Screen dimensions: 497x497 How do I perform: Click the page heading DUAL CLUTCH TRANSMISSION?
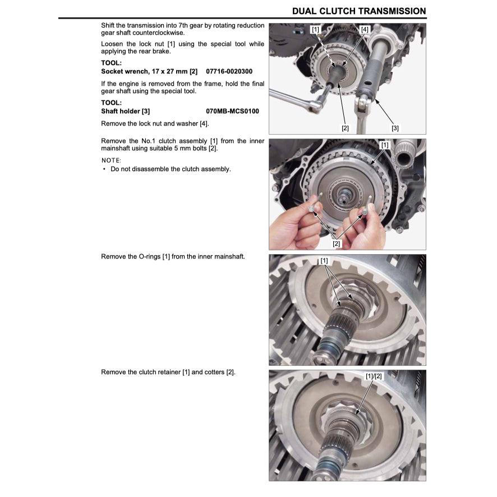(x=359, y=11)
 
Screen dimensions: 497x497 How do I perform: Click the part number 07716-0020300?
(x=229, y=72)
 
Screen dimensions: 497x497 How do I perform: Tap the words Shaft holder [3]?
(x=125, y=111)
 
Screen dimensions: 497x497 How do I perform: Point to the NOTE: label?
(x=111, y=160)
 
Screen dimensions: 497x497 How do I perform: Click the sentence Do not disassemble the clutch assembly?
(x=171, y=169)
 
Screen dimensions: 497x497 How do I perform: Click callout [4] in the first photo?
(x=365, y=29)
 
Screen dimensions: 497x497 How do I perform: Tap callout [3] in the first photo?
(x=395, y=128)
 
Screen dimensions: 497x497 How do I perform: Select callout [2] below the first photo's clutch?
(x=345, y=128)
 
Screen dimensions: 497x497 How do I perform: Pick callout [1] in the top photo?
(x=315, y=29)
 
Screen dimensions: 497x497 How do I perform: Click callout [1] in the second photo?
(x=384, y=145)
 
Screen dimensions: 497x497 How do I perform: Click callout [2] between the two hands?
(x=337, y=243)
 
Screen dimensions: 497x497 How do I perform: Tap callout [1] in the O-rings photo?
(x=324, y=261)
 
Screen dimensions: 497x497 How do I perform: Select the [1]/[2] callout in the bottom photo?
(x=374, y=376)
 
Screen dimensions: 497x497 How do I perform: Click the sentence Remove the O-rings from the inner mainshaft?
(x=173, y=256)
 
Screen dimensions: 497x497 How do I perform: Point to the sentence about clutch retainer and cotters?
(x=168, y=372)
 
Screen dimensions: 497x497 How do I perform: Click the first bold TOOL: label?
(x=111, y=63)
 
